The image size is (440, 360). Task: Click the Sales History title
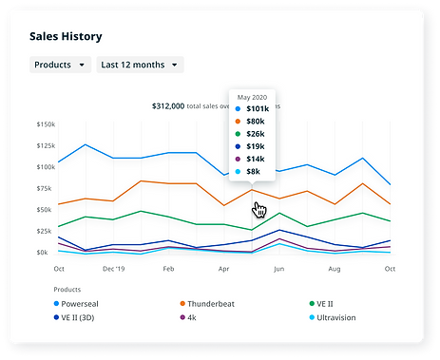pos(67,36)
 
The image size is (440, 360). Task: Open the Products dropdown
pos(59,65)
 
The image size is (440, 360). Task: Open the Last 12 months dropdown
pos(141,65)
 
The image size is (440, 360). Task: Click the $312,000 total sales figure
pos(168,106)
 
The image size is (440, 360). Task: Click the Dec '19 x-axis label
pos(113,269)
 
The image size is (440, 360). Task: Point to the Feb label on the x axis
pos(168,269)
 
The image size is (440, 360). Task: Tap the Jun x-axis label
pos(278,269)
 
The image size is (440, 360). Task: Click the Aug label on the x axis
pos(334,269)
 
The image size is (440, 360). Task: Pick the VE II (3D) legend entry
pos(83,316)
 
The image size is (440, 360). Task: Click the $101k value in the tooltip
pos(258,110)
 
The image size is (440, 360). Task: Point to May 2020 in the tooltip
pos(252,97)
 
